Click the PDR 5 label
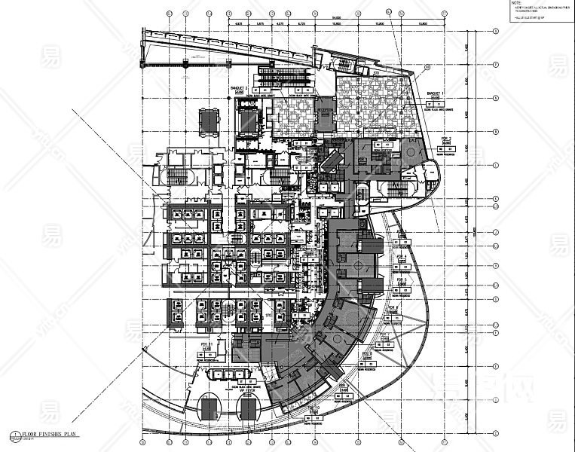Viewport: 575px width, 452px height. coord(401,280)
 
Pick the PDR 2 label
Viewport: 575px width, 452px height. coord(446,140)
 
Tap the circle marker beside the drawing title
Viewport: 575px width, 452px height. coord(14,435)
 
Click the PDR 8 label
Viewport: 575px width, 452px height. coord(368,353)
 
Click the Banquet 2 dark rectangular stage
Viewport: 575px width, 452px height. coord(247,120)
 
